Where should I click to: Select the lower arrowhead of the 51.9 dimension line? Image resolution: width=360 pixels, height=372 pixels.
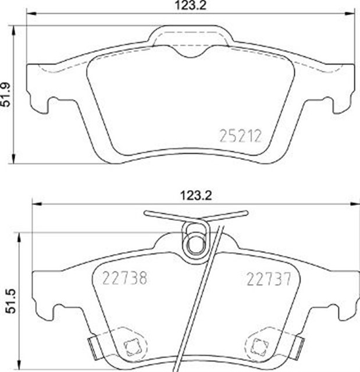point(13,161)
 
